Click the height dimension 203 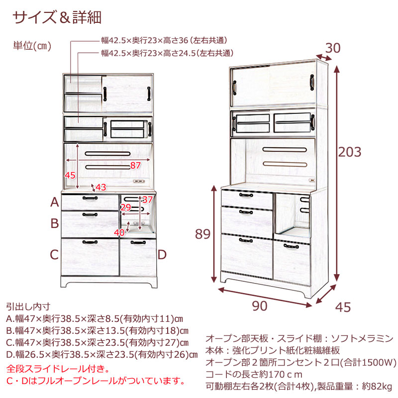point(350,152)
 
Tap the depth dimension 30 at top point(332,48)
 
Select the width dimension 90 point(260,306)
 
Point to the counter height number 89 point(203,234)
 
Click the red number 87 point(135,166)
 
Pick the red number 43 point(100,188)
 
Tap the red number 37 point(147,200)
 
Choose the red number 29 point(126,207)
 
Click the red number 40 point(119,232)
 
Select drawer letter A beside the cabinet point(55,202)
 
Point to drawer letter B point(55,223)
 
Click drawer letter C point(54,255)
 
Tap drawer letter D point(162,255)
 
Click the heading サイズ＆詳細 point(57,17)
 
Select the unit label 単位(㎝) point(32,46)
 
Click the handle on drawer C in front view point(90,242)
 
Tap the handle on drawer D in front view point(138,243)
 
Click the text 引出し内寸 point(28,306)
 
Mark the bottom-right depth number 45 point(343,307)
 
